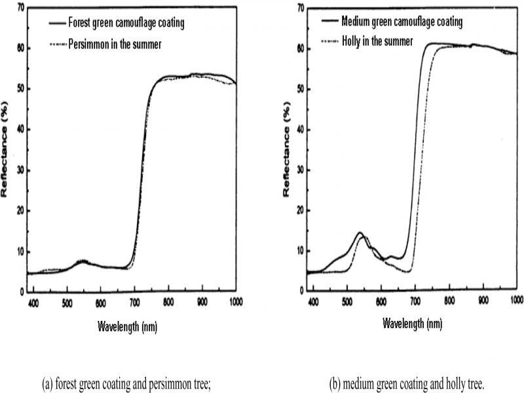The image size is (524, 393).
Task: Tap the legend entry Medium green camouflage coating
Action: [x=402, y=22]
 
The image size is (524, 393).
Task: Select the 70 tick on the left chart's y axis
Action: [x=21, y=8]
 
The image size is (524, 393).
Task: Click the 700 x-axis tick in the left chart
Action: [x=134, y=302]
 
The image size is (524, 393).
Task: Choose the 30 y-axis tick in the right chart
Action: [x=299, y=169]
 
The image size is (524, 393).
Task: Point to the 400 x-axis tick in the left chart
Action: [x=33, y=302]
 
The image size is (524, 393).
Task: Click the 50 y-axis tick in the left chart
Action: [x=21, y=89]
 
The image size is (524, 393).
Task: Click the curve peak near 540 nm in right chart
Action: [x=359, y=233]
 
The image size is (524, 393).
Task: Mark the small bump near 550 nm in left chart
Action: [x=83, y=261]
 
